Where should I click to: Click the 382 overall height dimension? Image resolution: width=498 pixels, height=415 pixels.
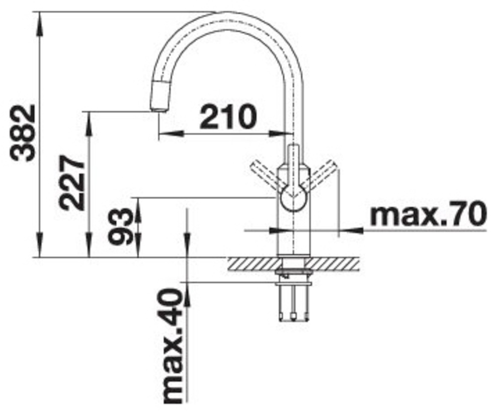point(22,133)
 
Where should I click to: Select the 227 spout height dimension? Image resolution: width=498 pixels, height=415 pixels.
point(73,183)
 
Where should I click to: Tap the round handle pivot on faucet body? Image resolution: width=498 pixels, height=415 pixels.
point(293,199)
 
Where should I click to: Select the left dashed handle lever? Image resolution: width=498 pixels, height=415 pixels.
point(267,175)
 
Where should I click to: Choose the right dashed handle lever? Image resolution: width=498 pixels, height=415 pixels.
point(319,175)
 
